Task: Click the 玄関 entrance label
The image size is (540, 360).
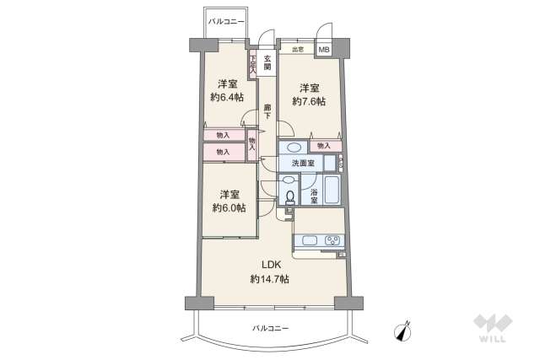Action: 267,62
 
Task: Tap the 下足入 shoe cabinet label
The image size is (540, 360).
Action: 252,63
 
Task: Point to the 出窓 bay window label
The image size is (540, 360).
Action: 297,51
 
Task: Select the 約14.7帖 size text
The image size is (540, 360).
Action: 269,279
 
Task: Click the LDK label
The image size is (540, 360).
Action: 269,263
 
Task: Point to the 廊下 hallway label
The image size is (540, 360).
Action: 267,110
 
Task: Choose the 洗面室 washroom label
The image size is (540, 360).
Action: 303,163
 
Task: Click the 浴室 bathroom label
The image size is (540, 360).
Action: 314,196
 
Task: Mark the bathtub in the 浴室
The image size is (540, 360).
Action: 332,191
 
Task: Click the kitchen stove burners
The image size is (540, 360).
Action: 332,241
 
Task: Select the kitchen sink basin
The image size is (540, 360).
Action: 307,242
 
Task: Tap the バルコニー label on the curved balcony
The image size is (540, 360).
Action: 270,327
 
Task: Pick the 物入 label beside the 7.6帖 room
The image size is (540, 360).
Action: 324,146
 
